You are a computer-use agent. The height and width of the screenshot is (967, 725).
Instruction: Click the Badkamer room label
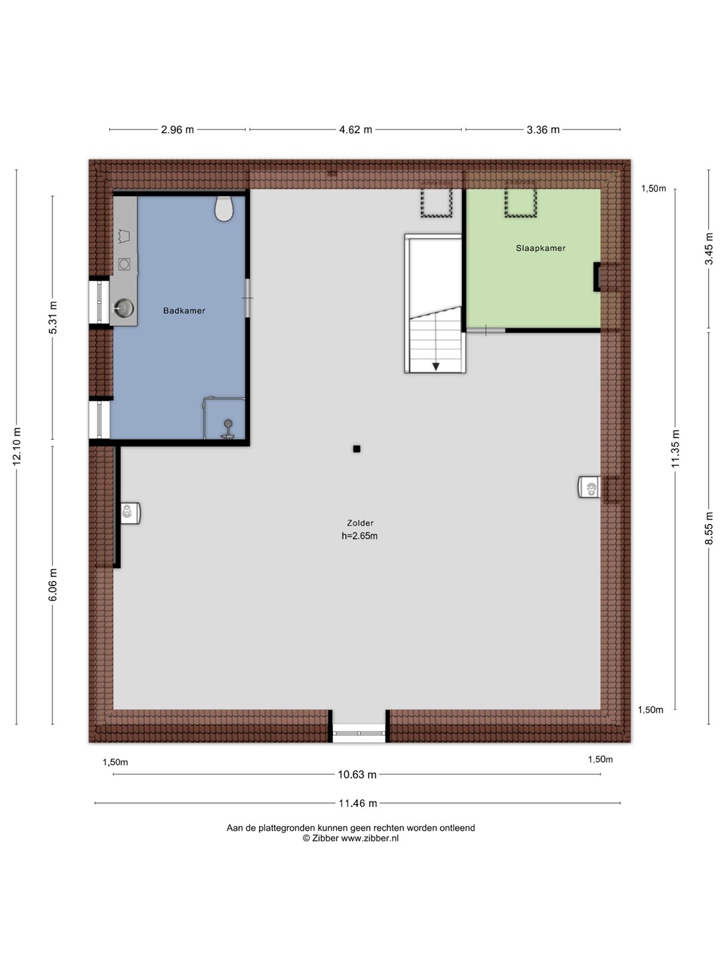pos(184,311)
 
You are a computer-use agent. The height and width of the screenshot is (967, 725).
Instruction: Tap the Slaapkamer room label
pos(540,248)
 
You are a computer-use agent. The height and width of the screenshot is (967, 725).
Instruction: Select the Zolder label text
pos(360,523)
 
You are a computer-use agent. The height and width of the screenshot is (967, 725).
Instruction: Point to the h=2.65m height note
pos(360,536)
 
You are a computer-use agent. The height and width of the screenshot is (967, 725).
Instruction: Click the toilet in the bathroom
pos(224,208)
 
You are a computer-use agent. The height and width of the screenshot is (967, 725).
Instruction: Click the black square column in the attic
pos(356,449)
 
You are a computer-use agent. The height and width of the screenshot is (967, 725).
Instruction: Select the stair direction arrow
pos(436,366)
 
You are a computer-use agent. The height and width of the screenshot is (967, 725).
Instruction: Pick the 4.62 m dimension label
pos(355,130)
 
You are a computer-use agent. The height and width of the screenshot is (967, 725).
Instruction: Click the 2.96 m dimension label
pos(177,130)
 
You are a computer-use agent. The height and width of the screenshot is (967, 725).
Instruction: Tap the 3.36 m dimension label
pos(543,130)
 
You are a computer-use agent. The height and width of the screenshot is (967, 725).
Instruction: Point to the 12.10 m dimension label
pos(17,447)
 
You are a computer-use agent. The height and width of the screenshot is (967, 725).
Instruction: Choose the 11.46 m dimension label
pos(357,803)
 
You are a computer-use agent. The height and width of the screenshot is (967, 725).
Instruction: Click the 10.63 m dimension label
pos(357,774)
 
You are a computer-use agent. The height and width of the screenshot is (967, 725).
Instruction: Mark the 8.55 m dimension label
pos(709,528)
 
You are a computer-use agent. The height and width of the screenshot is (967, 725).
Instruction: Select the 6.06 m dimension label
pos(53,585)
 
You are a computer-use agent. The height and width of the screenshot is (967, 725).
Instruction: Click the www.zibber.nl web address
pos(370,838)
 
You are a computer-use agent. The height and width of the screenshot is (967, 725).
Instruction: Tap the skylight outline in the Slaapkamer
pos(520,199)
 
